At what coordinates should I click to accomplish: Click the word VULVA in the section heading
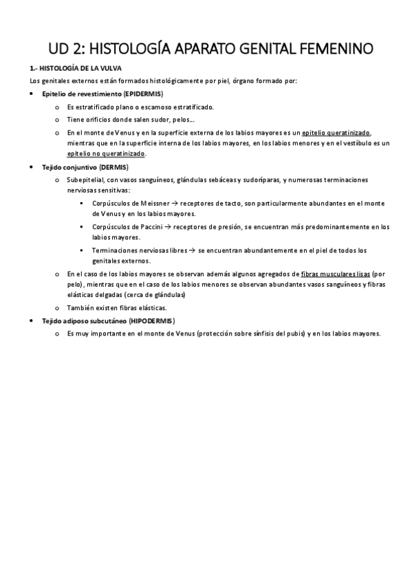coord(82,69)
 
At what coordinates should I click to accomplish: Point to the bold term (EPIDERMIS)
coord(144,93)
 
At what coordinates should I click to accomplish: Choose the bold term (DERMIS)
coord(113,167)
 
